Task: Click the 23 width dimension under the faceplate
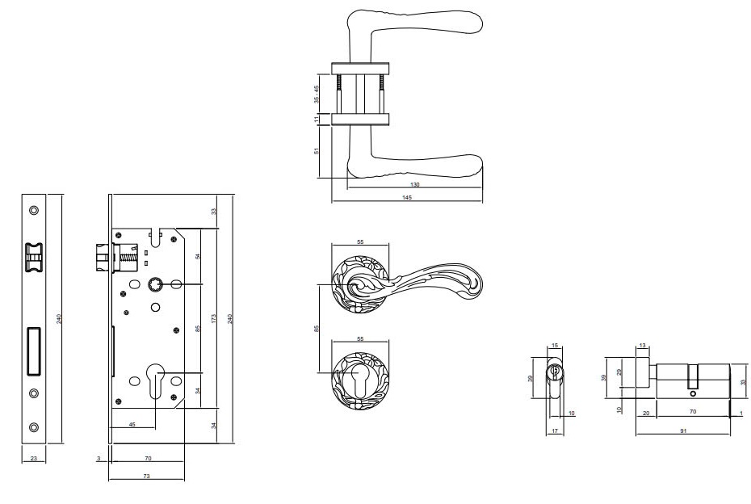33,459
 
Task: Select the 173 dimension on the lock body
214,320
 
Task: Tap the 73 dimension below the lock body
146,477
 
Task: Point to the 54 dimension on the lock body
199,256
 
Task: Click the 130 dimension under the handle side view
415,184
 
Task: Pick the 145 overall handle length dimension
406,198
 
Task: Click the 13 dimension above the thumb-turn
643,346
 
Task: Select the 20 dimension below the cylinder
647,413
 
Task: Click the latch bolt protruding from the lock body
102,259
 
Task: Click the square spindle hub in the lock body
156,284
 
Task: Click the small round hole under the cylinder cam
691,393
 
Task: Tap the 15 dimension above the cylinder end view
555,346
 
